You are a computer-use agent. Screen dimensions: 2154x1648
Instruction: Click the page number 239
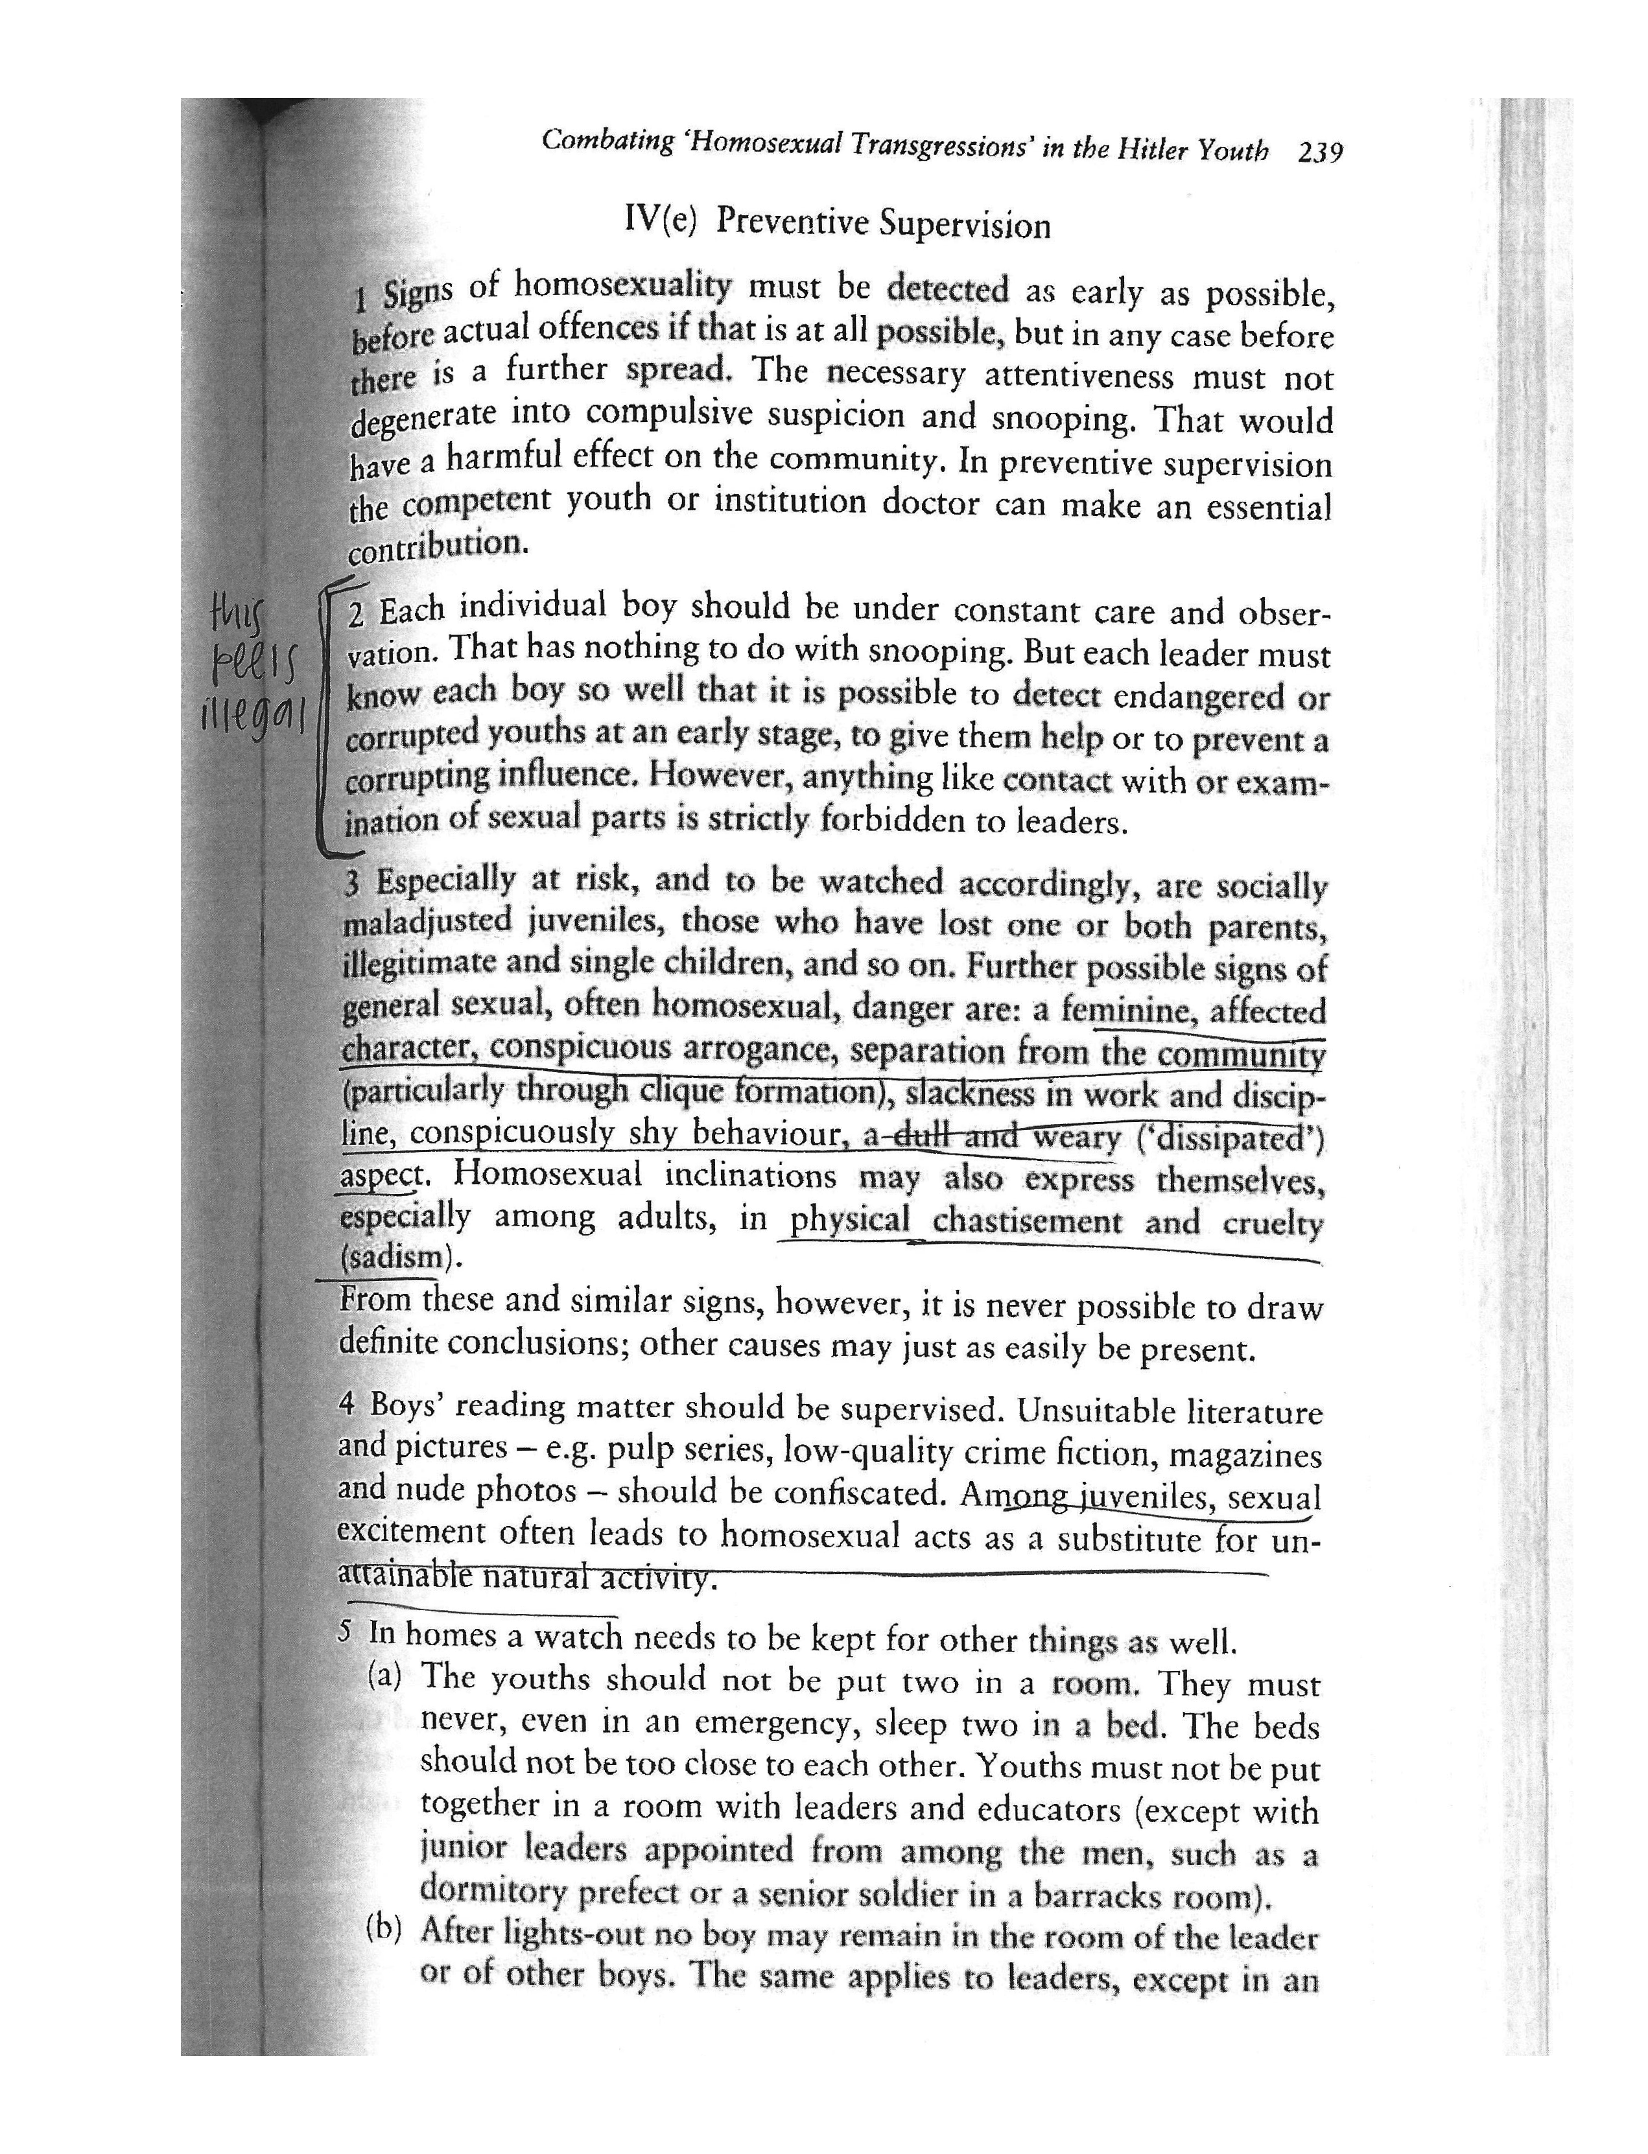[1319, 153]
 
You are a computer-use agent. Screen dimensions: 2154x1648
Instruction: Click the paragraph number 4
[346, 1403]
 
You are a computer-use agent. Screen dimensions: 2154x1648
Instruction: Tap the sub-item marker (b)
[384, 1928]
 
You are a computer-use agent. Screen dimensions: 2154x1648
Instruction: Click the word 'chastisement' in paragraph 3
[1027, 1221]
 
